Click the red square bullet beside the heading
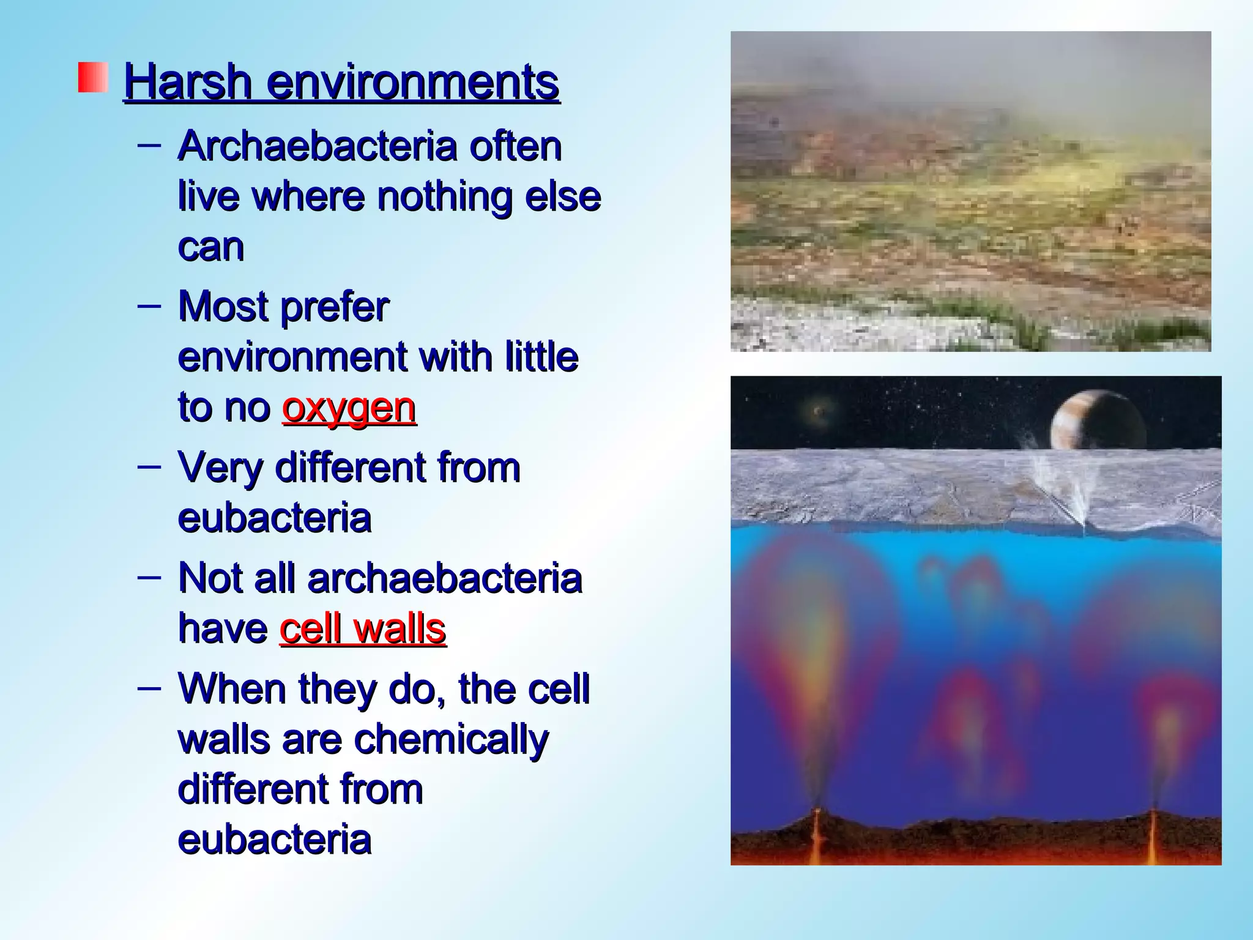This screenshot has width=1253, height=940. point(93,78)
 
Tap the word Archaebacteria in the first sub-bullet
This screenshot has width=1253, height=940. point(318,147)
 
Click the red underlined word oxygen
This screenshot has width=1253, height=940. point(349,408)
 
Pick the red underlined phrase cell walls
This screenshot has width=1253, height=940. point(362,629)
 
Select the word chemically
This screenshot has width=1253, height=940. point(452,740)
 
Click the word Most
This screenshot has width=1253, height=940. point(223,307)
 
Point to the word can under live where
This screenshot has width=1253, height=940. point(210,247)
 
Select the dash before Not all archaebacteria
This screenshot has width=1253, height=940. point(149,577)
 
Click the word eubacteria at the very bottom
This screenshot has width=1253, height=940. point(274,840)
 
